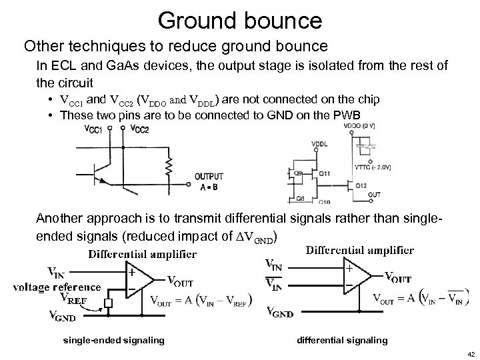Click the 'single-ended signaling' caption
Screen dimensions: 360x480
113,341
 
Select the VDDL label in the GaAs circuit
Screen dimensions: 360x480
320,144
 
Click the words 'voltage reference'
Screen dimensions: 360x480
57,288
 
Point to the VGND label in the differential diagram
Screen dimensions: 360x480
281,310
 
